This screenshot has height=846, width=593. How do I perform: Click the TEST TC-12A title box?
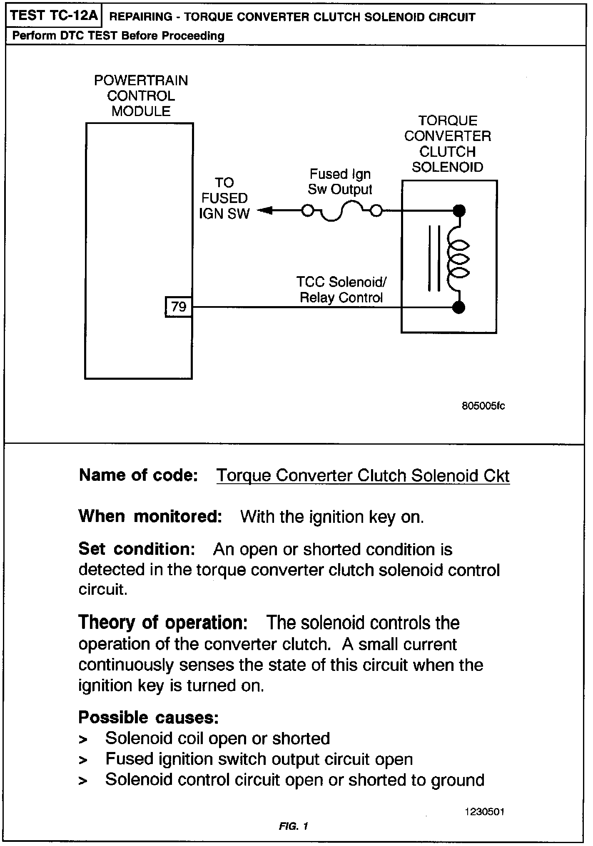(x=53, y=16)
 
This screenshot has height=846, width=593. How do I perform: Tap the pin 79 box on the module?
(x=179, y=307)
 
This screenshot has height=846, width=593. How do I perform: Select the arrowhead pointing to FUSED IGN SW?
(x=265, y=211)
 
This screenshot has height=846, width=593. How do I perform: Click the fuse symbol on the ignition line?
(x=341, y=212)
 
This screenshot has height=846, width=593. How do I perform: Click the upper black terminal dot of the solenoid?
(x=459, y=211)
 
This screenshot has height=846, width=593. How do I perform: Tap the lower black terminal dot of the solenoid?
(x=459, y=308)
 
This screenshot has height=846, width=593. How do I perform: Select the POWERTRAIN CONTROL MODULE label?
(x=141, y=96)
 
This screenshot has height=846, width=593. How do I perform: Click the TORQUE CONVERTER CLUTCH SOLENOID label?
(x=447, y=144)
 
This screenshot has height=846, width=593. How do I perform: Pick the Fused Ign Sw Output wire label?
(x=340, y=181)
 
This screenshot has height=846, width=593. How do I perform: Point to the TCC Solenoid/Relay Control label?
(x=341, y=289)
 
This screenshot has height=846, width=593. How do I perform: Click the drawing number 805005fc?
(x=483, y=406)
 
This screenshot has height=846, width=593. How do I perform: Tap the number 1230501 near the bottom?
(x=485, y=812)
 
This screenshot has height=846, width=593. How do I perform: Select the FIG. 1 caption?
(x=293, y=826)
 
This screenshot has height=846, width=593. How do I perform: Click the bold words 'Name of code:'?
(x=138, y=475)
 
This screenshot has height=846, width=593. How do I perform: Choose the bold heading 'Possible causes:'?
(x=149, y=717)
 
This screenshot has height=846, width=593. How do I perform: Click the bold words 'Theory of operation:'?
(x=163, y=623)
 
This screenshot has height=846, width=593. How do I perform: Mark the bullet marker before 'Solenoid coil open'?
(x=83, y=740)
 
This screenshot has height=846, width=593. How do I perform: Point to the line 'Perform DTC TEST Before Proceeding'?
(x=118, y=36)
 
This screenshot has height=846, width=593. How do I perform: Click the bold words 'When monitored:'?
(x=150, y=516)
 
